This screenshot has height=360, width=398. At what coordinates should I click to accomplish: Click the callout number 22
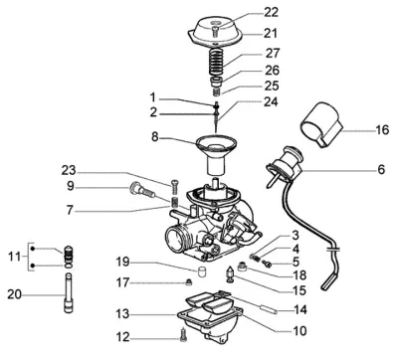tap(271, 12)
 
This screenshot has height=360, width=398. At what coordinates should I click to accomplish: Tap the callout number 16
tap(382, 129)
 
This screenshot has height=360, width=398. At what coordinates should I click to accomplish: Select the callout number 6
tap(381, 169)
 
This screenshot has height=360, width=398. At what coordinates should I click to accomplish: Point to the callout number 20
tap(15, 294)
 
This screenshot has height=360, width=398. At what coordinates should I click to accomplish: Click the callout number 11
tap(14, 257)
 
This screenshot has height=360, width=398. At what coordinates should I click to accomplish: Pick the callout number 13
tap(122, 313)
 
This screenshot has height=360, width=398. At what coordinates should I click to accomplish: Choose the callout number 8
tap(155, 136)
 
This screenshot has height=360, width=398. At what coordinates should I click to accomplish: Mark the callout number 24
tap(271, 101)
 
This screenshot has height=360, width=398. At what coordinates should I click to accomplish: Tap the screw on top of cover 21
tap(214, 32)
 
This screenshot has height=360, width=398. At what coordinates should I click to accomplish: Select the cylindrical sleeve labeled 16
tap(321, 124)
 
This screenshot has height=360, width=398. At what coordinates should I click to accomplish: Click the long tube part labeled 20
tap(68, 292)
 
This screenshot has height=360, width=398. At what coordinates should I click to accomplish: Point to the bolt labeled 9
tap(142, 189)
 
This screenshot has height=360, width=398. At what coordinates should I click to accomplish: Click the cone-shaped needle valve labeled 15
tap(230, 273)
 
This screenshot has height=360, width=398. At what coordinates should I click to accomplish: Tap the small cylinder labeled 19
tap(202, 271)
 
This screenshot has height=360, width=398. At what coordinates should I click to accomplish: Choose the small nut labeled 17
tap(189, 282)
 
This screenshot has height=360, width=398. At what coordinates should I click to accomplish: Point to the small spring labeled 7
tap(174, 202)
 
